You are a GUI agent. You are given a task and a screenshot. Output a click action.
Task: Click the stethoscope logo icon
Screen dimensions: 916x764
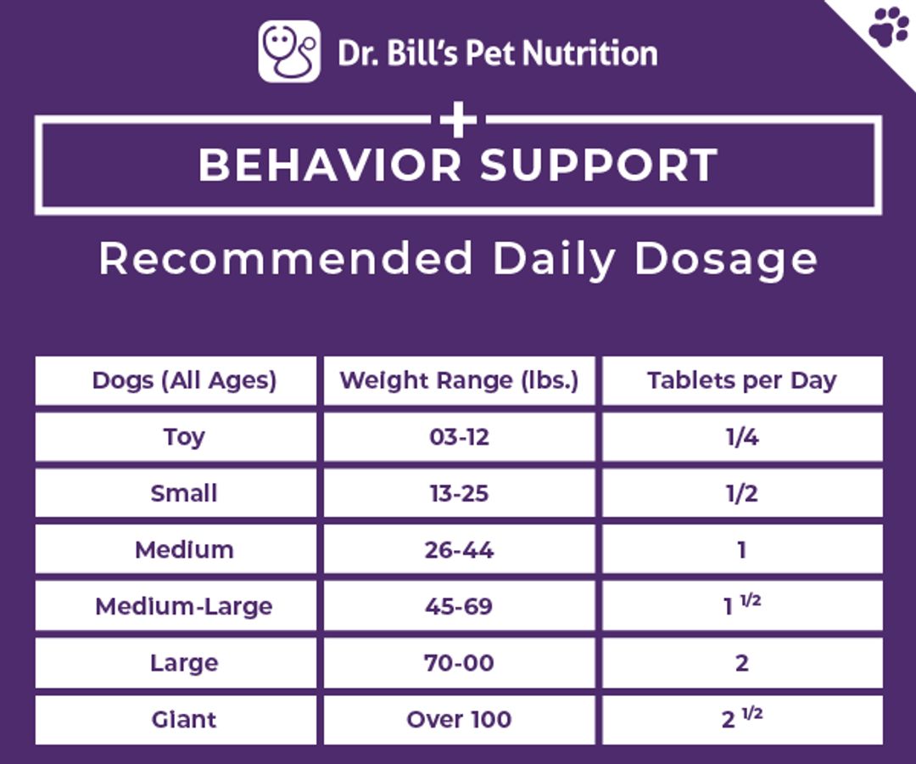(289, 52)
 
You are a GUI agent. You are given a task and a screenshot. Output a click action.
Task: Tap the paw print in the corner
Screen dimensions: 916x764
(889, 26)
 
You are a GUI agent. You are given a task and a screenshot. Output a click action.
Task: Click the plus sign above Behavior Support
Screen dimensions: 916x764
(459, 120)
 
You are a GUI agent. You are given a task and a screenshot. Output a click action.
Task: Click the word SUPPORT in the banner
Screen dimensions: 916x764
(598, 165)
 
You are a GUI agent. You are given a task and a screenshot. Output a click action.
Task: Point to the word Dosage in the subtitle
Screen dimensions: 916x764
(726, 259)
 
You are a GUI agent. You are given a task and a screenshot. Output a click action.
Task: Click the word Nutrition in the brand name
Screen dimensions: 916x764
(590, 53)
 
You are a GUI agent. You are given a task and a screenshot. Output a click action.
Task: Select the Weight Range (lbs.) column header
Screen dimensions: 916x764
(459, 380)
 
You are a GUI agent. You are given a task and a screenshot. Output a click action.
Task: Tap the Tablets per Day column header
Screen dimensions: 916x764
(742, 380)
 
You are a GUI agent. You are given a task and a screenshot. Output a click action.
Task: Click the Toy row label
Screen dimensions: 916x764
(184, 437)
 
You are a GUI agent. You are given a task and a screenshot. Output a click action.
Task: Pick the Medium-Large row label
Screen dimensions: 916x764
(184, 607)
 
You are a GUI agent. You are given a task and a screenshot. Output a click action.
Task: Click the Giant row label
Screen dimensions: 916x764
(184, 720)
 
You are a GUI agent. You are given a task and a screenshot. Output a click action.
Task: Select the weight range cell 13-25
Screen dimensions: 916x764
(459, 493)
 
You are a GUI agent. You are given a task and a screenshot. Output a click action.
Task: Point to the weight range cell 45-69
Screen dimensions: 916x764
(459, 606)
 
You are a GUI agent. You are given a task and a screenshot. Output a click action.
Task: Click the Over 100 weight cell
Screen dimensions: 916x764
(459, 720)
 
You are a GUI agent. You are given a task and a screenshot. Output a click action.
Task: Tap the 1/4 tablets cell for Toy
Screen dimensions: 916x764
(742, 436)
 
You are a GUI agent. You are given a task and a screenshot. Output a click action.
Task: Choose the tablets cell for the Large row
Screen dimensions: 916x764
(742, 663)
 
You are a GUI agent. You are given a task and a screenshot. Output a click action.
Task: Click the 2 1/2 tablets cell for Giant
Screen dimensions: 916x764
(742, 720)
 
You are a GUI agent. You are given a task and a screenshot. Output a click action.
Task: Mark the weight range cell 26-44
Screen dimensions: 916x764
(459, 549)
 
